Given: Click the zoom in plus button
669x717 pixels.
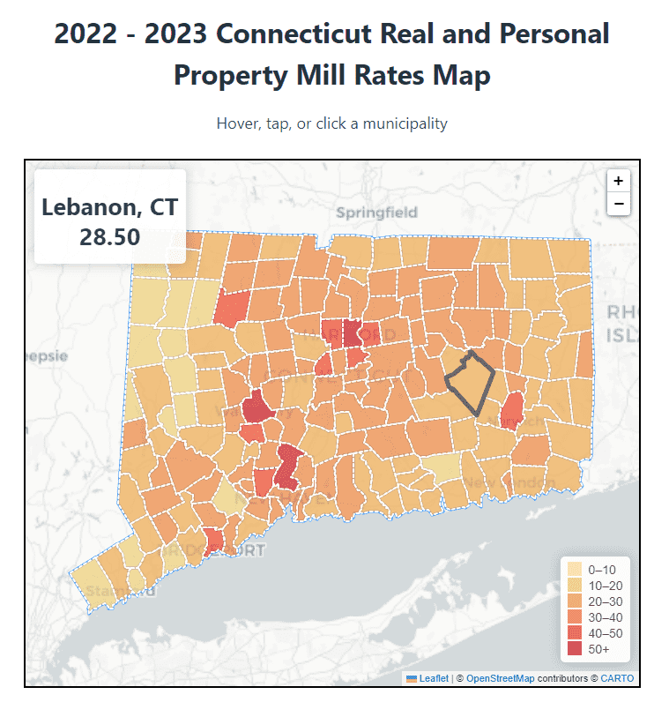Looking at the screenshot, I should click(x=619, y=181).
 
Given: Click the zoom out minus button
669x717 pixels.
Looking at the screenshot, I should click(x=619, y=205).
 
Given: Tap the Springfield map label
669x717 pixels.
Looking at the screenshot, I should click(x=376, y=213).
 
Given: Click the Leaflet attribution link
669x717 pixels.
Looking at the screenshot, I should click(x=433, y=678).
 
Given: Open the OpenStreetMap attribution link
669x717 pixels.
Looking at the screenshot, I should click(x=500, y=678).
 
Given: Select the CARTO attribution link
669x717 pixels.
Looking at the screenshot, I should click(x=617, y=678).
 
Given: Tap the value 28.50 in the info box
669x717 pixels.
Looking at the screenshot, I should click(x=109, y=237).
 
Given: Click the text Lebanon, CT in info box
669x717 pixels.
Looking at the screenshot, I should click(x=109, y=207).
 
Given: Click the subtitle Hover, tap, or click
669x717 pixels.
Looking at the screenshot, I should click(x=331, y=123).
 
